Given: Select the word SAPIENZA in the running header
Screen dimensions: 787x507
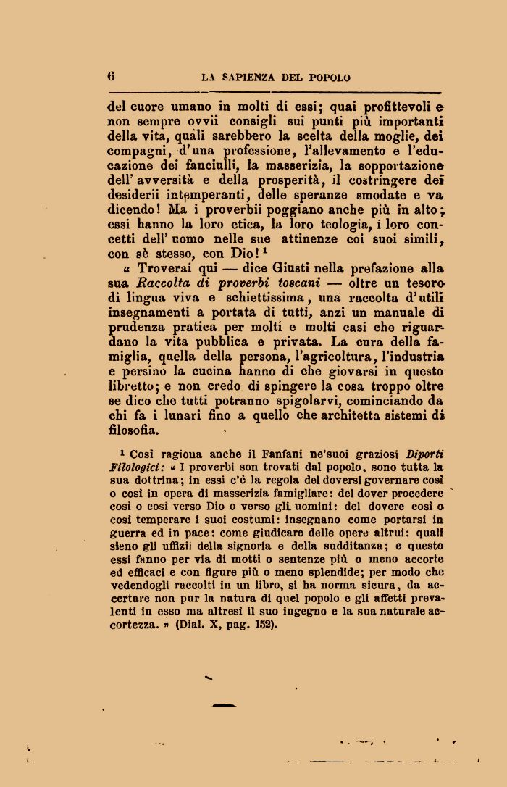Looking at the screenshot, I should pyautogui.click(x=253, y=78).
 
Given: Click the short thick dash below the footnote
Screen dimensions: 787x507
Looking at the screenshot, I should pyautogui.click(x=223, y=705).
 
